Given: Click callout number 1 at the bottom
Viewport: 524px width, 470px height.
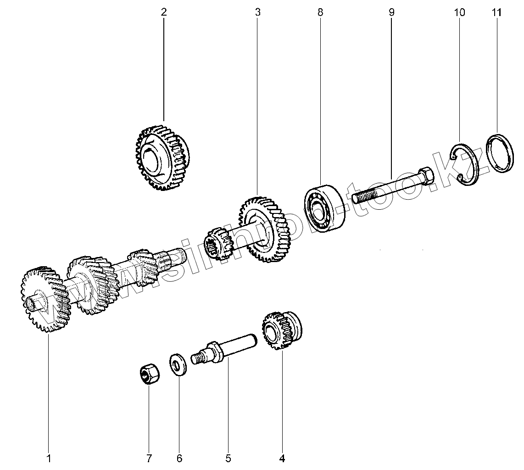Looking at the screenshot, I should click(x=49, y=458).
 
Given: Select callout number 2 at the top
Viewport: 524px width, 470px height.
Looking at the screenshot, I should click(x=163, y=12).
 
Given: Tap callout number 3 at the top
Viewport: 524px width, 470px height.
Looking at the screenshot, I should click(x=257, y=12).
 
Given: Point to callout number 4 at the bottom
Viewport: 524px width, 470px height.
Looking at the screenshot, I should click(x=282, y=458).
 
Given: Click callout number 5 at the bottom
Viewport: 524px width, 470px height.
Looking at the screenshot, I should click(x=228, y=458).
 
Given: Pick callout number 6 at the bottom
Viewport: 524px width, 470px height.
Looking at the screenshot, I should click(x=179, y=458).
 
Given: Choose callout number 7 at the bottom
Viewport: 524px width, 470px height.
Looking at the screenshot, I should click(x=149, y=458).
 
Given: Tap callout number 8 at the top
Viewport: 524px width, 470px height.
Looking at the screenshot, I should click(x=320, y=12).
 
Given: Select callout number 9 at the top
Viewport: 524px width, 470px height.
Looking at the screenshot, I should click(x=391, y=12).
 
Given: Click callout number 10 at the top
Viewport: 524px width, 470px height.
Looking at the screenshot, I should click(x=459, y=12).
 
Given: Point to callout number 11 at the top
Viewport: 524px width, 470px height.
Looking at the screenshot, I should click(x=496, y=12).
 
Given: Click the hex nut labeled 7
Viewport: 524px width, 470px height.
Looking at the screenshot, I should click(x=149, y=373).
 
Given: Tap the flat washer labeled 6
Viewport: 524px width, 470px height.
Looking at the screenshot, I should click(x=178, y=364).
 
